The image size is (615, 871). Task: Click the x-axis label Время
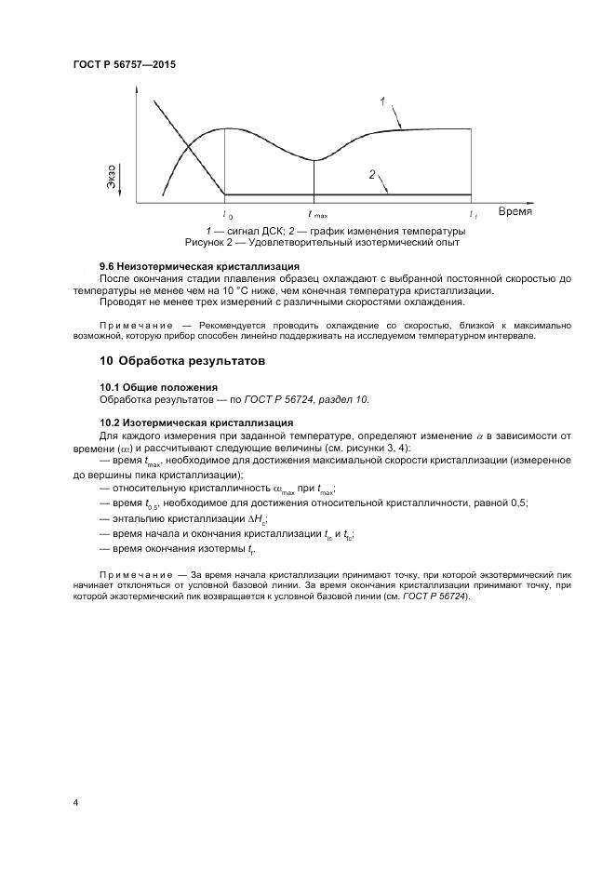coord(515,212)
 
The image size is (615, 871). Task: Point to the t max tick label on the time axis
coord(316,214)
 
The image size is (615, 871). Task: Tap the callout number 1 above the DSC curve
coord(382,100)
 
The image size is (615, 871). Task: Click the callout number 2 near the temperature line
coord(371,174)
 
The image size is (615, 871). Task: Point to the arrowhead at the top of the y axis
coord(137,92)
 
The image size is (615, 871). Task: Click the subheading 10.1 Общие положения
coord(158,386)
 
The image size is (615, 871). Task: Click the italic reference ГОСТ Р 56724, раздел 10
coord(306,399)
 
